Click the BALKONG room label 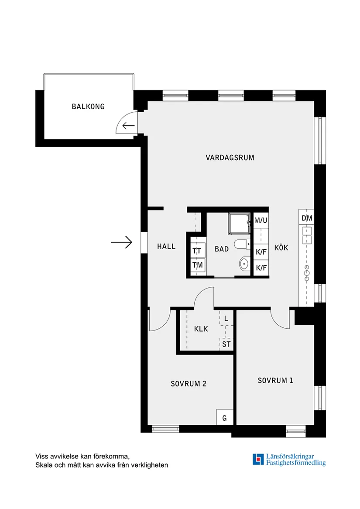click(88, 107)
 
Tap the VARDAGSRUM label click(230, 158)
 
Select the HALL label click(166, 247)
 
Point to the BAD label click(222, 249)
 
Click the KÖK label click(281, 248)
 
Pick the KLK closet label click(201, 329)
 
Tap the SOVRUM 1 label click(275, 381)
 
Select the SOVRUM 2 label click(189, 384)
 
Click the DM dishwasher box click(307, 218)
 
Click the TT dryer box click(197, 251)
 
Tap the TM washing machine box click(197, 265)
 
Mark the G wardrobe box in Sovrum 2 click(225, 417)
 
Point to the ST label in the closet click(226, 344)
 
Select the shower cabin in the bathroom click(240, 224)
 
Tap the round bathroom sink click(244, 263)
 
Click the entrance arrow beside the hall click(121, 242)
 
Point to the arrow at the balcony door click(128, 125)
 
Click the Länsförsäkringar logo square click(258, 459)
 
